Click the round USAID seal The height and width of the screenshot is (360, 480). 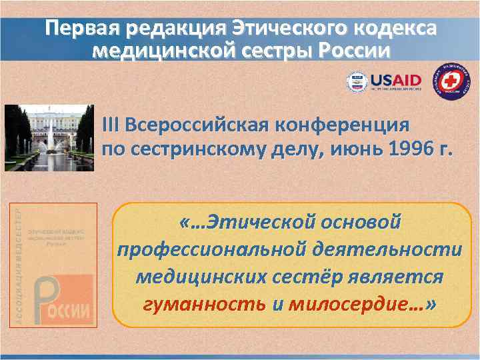point(357,82)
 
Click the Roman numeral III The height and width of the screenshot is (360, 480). point(111,125)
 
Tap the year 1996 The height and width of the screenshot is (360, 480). point(414,150)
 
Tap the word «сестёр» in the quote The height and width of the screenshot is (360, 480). point(291,277)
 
